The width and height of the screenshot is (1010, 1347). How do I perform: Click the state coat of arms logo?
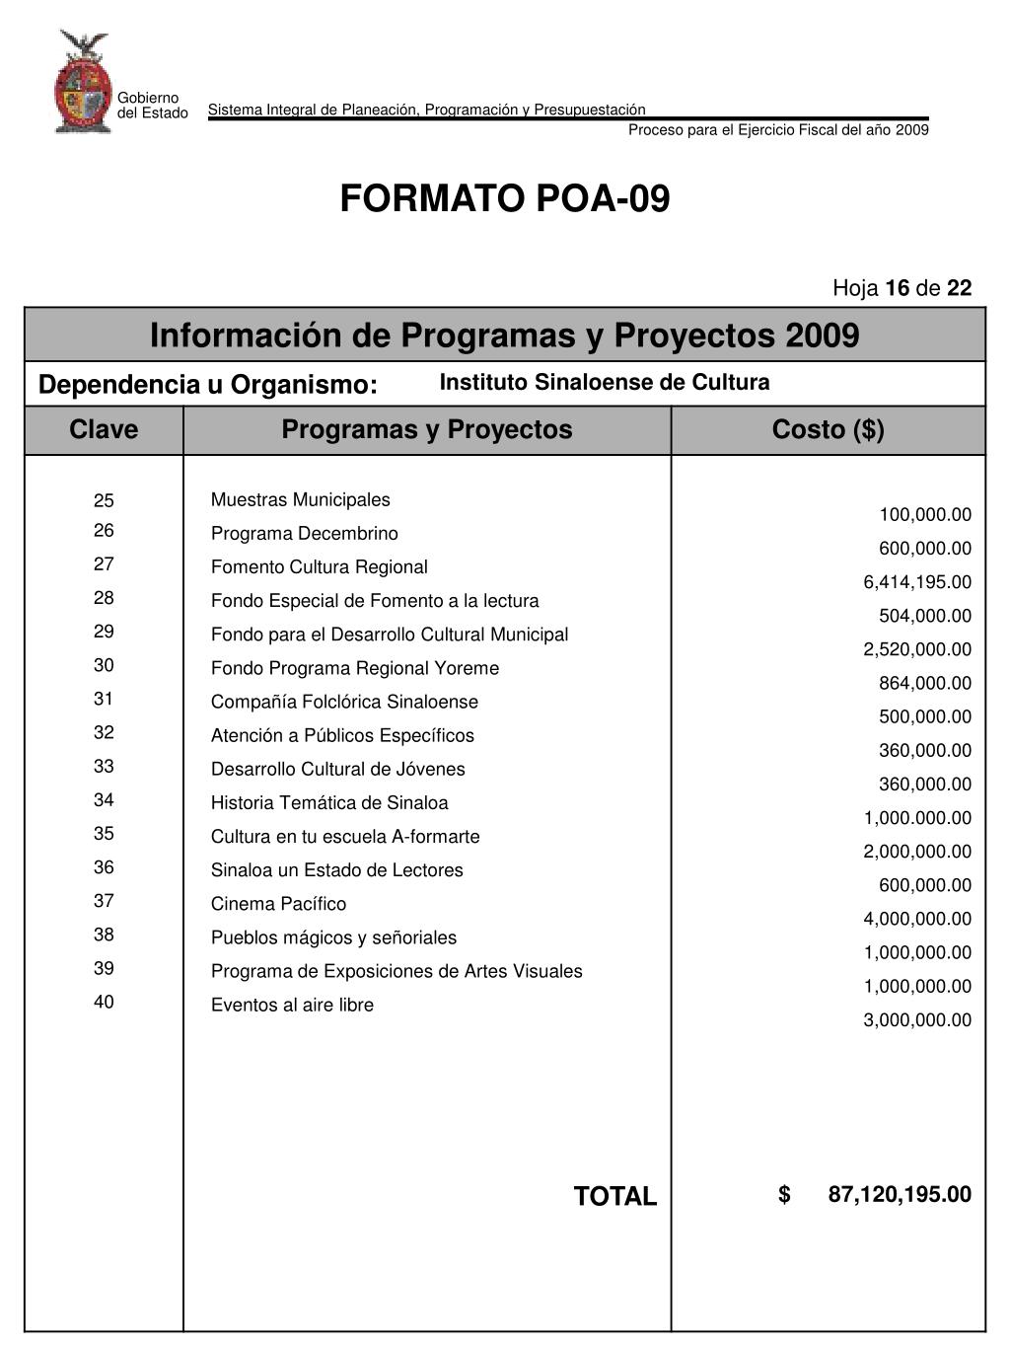pyautogui.click(x=83, y=83)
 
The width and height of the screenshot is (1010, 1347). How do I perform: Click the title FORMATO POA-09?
pyautogui.click(x=504, y=199)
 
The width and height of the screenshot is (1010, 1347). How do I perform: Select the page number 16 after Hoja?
pyautogui.click(x=898, y=288)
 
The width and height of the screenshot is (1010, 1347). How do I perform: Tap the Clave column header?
pyautogui.click(x=104, y=430)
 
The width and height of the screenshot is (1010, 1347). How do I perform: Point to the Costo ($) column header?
pyautogui.click(x=828, y=430)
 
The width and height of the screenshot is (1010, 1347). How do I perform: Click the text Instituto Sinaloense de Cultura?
pyautogui.click(x=604, y=383)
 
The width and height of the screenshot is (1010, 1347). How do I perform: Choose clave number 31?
pyautogui.click(x=104, y=699)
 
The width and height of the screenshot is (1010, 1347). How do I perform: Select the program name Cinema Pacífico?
pyautogui.click(x=278, y=904)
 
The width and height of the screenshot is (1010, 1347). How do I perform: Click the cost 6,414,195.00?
pyautogui.click(x=917, y=582)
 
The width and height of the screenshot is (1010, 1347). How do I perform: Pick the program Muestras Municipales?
pyautogui.click(x=300, y=500)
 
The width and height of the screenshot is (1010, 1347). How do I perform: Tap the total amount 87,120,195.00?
pyautogui.click(x=900, y=1195)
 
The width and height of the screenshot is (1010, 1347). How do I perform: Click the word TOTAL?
pyautogui.click(x=614, y=1197)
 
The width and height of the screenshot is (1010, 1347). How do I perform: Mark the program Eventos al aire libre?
pyautogui.click(x=292, y=1006)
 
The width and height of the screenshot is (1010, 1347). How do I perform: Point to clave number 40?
pyautogui.click(x=104, y=1003)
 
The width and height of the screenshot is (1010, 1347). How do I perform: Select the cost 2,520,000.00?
pyautogui.click(x=917, y=649)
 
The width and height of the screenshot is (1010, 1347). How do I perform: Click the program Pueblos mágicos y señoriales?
pyautogui.click(x=333, y=937)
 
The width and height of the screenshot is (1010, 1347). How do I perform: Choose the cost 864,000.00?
pyautogui.click(x=925, y=683)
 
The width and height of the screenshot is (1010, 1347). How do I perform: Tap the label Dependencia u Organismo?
pyautogui.click(x=207, y=385)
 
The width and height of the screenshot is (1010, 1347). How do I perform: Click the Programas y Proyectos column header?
pyautogui.click(x=426, y=430)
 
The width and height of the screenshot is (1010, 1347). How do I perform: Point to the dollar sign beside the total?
pyautogui.click(x=784, y=1195)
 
